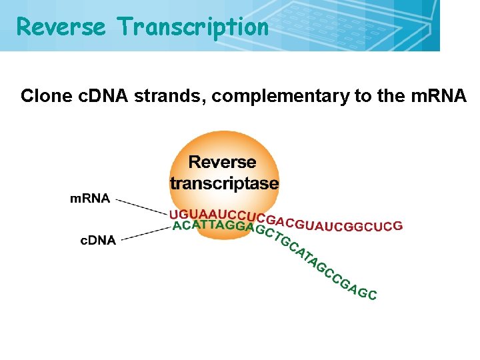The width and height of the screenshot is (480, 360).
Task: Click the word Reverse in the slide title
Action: click(x=61, y=27)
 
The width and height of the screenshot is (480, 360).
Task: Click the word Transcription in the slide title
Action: click(x=193, y=27)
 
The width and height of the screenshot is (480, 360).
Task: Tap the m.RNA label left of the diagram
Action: click(x=90, y=198)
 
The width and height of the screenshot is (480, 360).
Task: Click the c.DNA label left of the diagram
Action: click(x=98, y=241)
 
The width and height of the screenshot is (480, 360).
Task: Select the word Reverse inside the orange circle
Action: click(x=223, y=162)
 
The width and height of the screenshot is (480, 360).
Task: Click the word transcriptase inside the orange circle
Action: click(x=224, y=183)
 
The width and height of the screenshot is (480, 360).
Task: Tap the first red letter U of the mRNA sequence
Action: click(x=173, y=214)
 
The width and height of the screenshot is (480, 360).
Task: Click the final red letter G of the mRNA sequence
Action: click(x=398, y=225)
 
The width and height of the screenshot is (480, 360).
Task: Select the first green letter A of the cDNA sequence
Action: click(x=176, y=225)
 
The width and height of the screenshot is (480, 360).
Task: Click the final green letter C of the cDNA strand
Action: click(x=373, y=295)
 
